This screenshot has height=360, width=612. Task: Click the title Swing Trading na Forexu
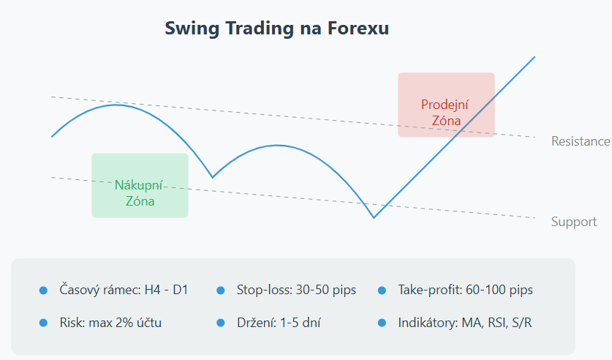276,29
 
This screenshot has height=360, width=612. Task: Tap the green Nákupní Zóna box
140,185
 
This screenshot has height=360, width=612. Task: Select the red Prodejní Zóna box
446,105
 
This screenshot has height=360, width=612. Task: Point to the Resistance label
581,141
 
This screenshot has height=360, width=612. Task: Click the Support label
574,222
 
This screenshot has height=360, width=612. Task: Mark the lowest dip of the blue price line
374,217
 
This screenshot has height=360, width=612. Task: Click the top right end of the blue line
534,56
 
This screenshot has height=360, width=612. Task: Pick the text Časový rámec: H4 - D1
124,290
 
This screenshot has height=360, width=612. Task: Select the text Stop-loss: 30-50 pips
296,290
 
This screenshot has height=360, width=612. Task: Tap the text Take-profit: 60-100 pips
465,290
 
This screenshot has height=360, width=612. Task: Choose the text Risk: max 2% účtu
110,323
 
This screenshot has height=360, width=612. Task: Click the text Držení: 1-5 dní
279,323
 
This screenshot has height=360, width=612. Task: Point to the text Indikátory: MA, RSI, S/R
465,323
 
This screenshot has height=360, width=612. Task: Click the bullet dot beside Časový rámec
43,290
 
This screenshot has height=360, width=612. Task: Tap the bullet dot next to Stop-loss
221,290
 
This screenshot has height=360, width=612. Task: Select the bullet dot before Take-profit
382,290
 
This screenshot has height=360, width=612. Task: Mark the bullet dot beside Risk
43,323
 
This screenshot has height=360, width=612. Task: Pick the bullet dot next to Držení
221,323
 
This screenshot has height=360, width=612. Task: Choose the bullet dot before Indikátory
382,323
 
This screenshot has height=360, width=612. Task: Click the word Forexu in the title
358,28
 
